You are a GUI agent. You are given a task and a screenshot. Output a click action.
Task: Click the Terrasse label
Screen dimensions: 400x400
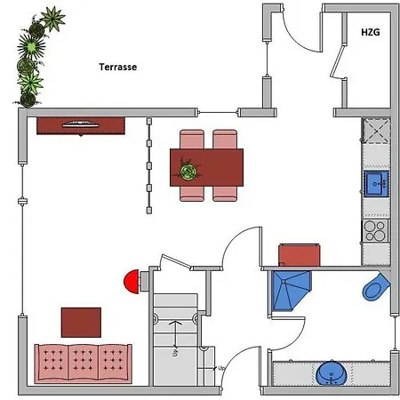coord(118,67)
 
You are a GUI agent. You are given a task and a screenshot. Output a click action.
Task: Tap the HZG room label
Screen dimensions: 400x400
coord(371,32)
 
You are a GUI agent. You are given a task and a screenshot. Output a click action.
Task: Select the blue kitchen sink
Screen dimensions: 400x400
coord(376,184)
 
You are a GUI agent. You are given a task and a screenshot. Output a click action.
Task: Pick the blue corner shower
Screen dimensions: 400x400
coord(289,291)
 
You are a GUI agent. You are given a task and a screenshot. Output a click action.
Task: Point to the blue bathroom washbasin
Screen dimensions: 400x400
coord(332,373)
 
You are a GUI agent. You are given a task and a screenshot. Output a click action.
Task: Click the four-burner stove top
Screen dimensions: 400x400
coord(375,231)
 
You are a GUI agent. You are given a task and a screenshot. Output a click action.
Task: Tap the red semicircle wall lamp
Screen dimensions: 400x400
coord(132,282)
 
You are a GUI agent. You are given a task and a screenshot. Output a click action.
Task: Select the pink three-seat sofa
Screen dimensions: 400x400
coord(83,364)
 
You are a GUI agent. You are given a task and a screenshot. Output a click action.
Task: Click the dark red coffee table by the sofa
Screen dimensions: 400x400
coord(81,323)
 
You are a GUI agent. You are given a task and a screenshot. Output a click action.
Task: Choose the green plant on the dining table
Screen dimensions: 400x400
coord(188,170)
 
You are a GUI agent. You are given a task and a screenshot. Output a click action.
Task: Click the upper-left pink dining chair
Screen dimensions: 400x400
coord(192,139)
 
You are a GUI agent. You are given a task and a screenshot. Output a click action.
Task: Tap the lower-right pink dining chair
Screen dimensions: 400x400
coord(225,194)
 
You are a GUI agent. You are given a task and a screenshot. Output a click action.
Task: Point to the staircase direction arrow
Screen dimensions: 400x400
coord(175,334)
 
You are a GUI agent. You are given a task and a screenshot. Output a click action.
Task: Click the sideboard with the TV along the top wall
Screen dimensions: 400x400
coord(81,126)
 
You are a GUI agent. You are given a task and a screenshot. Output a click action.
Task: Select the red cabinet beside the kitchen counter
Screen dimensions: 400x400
coord(300,255)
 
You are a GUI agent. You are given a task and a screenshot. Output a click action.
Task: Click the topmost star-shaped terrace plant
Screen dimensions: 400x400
coord(52,19)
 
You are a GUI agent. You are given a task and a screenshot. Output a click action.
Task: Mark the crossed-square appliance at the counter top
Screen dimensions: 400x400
coord(376,131)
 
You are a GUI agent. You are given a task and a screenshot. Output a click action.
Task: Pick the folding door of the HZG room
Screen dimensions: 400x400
coord(338,60)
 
